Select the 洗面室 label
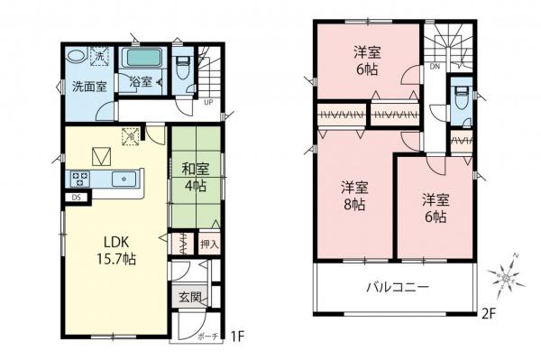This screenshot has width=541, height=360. [x=89, y=88]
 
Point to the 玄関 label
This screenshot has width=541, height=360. [x=189, y=298]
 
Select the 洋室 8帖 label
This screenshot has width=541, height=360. [x=353, y=196]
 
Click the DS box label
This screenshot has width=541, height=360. [x=77, y=198]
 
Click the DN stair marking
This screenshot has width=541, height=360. [x=434, y=66]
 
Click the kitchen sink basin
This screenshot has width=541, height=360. [x=121, y=178]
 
